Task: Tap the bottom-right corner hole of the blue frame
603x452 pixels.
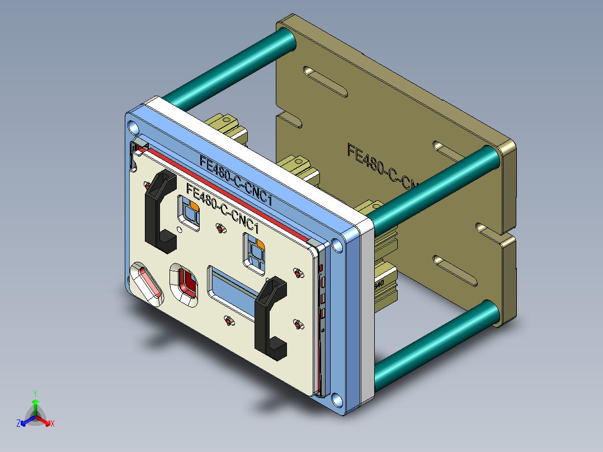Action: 336,399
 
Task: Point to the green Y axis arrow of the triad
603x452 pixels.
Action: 35,404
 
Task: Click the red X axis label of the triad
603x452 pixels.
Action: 52,424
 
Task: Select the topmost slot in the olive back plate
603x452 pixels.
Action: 326,79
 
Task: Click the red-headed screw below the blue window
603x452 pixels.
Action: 228,321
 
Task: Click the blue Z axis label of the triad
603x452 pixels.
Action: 18,424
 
